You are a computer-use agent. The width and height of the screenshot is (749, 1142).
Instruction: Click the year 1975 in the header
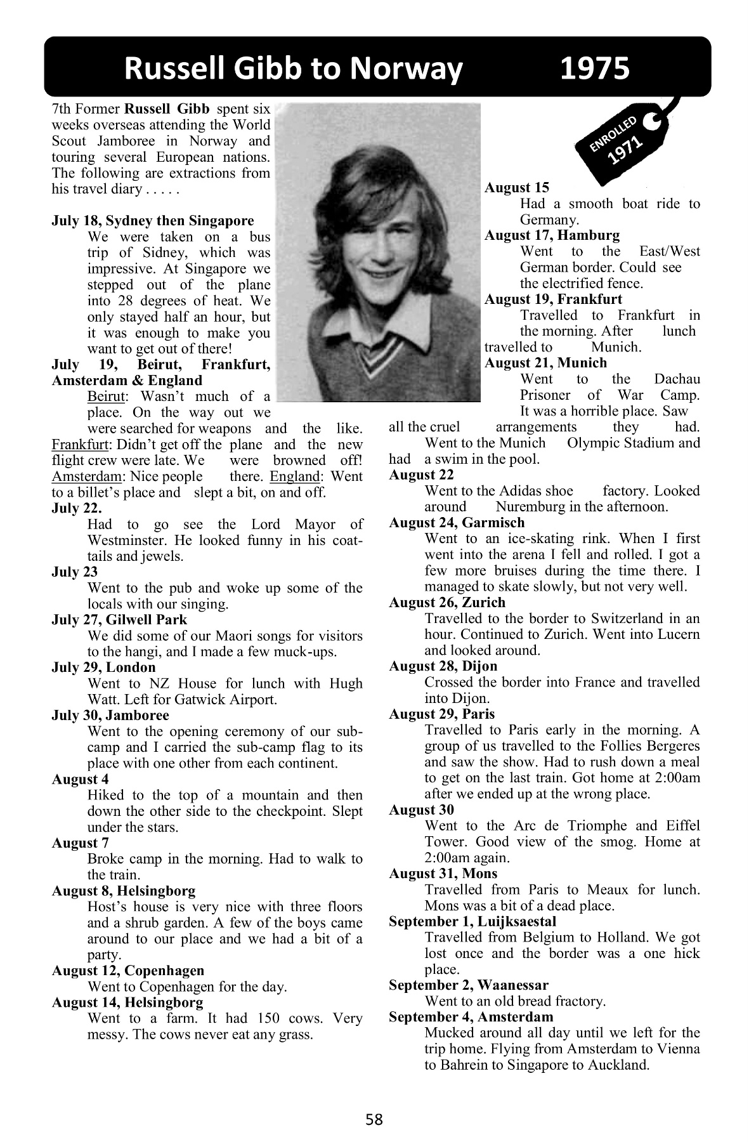click(x=594, y=69)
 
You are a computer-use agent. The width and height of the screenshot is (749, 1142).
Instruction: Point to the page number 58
click(x=374, y=1120)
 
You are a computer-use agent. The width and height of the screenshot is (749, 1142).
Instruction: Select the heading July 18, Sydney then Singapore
click(x=152, y=221)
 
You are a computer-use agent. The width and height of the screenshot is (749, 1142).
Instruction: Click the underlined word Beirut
click(x=105, y=397)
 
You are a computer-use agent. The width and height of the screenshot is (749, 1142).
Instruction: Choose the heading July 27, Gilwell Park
click(x=119, y=620)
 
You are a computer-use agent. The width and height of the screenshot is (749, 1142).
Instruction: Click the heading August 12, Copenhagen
click(x=128, y=971)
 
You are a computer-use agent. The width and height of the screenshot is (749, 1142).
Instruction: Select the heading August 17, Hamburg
click(x=552, y=235)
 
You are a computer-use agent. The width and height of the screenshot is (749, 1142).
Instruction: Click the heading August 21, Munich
click(x=545, y=363)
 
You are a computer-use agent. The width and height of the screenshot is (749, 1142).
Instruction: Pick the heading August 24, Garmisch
click(x=457, y=522)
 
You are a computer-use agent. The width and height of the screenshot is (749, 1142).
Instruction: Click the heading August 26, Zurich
click(x=447, y=602)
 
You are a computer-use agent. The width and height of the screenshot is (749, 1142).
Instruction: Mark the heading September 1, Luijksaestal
click(x=472, y=921)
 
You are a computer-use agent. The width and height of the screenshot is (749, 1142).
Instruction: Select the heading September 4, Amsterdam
click(x=471, y=1017)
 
